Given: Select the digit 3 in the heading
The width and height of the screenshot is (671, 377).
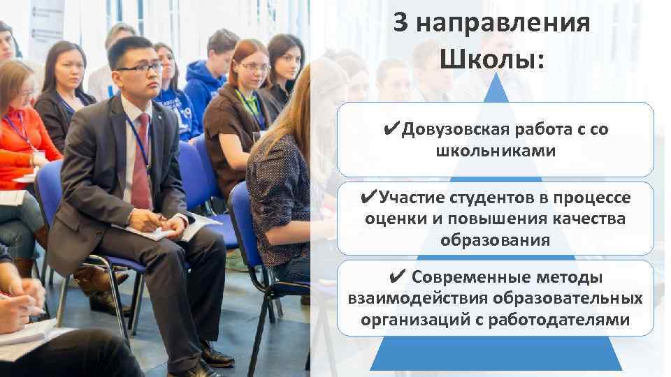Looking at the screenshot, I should pos(400,24).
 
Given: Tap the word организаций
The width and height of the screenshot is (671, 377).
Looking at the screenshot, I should pos(407,320).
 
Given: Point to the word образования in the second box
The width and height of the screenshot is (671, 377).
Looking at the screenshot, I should pos(495,240).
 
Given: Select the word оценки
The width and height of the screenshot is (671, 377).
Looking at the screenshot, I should pos(395,219).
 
